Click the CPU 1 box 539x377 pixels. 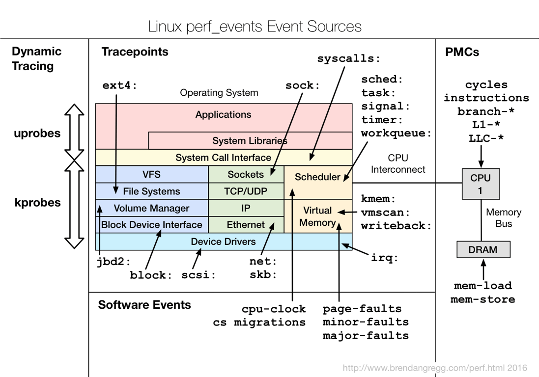point(480,184)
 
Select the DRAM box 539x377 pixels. point(483,249)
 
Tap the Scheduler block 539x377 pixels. point(317,177)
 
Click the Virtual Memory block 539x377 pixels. point(317,216)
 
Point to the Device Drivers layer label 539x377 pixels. point(223,242)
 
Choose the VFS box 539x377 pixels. point(151,174)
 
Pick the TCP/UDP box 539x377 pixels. point(246,191)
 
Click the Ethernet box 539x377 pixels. point(246,225)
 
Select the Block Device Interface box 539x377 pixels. point(151,225)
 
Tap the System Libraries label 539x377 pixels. point(250,141)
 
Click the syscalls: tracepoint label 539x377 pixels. point(349,59)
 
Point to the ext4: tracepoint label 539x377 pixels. point(120,85)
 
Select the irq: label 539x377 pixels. point(384,258)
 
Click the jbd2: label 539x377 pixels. point(113,262)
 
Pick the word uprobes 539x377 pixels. point(37,134)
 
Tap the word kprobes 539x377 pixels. point(37,202)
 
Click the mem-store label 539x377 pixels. point(482,299)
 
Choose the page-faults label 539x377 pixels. point(362,309)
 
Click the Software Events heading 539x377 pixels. point(144,305)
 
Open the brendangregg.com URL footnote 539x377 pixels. point(434,368)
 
